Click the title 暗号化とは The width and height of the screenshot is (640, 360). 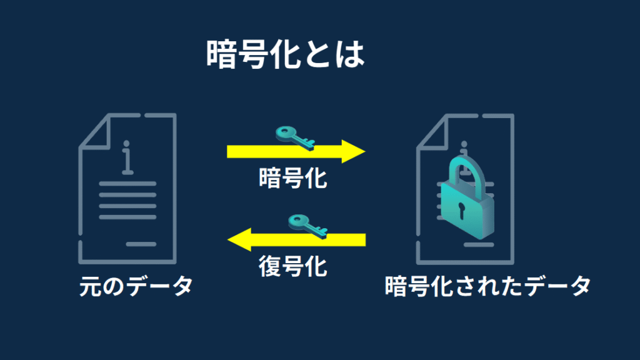point(285,54)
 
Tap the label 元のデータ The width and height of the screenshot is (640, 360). point(136,286)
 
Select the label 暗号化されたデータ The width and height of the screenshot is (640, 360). point(487,286)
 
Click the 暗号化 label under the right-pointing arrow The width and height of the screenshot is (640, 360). point(293,178)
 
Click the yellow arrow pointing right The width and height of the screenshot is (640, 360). point(296,151)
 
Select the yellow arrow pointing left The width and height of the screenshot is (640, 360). point(296,239)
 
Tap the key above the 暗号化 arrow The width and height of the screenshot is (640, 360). point(296,138)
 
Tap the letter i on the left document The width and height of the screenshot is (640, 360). point(127,157)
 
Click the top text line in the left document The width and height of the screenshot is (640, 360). point(127,184)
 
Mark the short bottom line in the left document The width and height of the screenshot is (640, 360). point(141,244)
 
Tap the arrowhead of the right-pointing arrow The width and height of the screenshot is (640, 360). point(354,151)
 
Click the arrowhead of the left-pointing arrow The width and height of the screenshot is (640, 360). point(239,239)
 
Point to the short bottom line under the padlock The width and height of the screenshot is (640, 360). point(479,245)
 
